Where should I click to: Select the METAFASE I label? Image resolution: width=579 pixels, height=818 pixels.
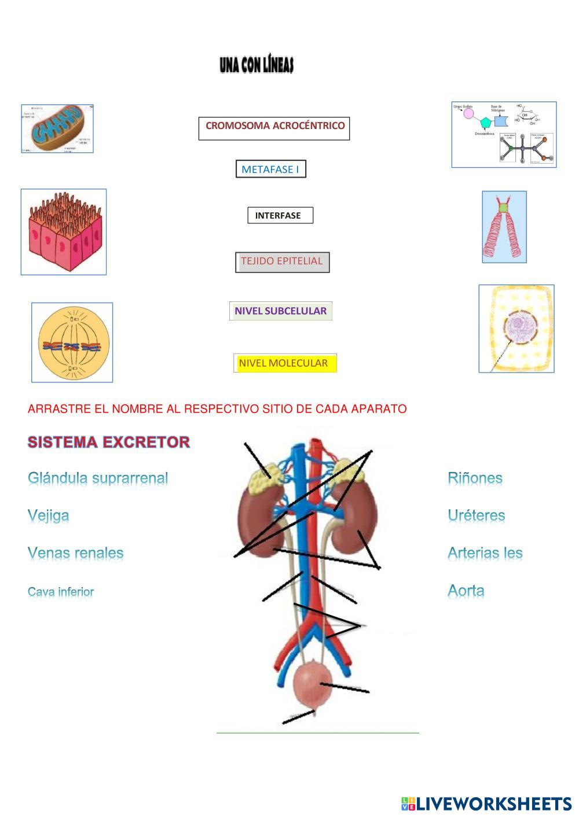(270, 170)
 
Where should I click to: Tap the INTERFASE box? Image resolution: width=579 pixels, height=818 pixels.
(280, 215)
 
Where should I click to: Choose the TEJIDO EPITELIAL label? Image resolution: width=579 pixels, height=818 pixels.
(282, 261)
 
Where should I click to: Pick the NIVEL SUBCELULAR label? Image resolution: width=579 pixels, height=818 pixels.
(281, 311)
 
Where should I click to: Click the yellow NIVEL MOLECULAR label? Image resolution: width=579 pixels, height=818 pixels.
(285, 363)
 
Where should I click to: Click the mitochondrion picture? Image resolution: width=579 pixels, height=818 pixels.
(57, 128)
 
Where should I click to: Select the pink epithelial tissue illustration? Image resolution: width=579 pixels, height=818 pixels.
(64, 231)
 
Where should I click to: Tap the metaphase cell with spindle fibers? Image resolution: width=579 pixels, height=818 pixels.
(72, 342)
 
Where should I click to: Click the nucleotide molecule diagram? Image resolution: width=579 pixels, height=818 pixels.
(504, 135)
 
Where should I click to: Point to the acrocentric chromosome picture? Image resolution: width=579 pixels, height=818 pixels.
(504, 227)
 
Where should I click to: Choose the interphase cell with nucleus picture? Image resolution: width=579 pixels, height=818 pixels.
(516, 328)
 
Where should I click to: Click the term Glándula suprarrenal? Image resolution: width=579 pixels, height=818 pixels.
(98, 478)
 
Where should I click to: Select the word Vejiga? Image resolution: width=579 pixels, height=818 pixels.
(49, 515)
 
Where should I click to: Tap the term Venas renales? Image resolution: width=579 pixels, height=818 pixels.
(76, 553)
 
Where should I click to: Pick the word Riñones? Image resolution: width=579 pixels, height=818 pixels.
(475, 478)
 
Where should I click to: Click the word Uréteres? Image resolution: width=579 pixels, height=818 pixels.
(477, 515)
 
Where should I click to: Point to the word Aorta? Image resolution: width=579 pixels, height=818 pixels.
(466, 591)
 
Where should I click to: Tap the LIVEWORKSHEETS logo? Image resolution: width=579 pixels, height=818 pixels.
(486, 804)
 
